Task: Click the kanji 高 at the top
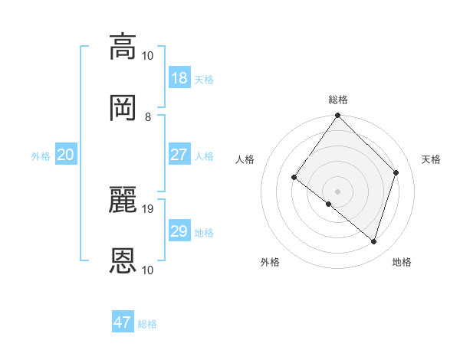coord(123,47)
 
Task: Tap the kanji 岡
coord(123,107)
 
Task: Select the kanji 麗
coord(123,200)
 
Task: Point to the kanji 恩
coord(123,260)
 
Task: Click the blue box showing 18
coord(179,78)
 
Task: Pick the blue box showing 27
coord(179,155)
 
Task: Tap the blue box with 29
coord(179,231)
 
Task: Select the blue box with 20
coord(65,155)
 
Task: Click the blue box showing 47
coord(123,322)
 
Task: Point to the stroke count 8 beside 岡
coord(148,116)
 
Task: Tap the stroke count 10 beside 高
coord(148,55)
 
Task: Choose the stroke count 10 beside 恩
coord(148,270)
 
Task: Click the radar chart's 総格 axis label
coord(338,100)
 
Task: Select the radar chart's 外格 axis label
coord(270,262)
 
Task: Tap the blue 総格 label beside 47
coord(147,324)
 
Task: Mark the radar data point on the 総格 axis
coord(338,116)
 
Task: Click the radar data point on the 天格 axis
coord(396,172)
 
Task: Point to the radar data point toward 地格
coord(374,242)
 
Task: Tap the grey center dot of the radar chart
coord(338,191)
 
